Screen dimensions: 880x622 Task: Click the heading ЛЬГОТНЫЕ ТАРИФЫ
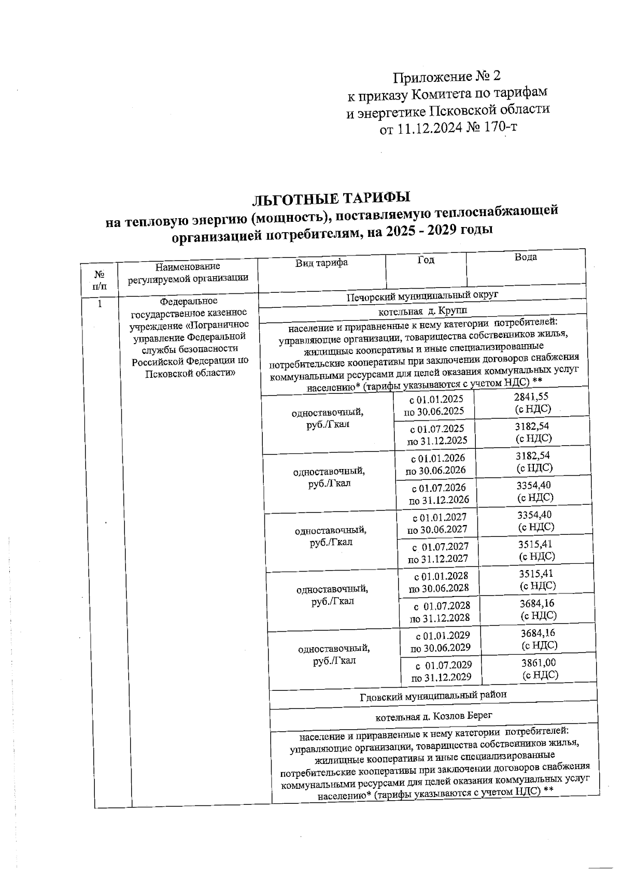[x=331, y=198]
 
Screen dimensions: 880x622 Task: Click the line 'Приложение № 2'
[x=447, y=77]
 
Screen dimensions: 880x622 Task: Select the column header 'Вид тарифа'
[x=321, y=263]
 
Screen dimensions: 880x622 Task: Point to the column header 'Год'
[x=426, y=260]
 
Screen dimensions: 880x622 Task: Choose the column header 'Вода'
[x=525, y=258]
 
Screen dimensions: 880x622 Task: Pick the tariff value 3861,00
[x=538, y=663]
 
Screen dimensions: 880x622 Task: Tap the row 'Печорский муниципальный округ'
[x=422, y=296]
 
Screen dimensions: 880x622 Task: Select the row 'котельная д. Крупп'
[x=422, y=311]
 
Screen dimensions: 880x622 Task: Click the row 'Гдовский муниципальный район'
[x=433, y=695]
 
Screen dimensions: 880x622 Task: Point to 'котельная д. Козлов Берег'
[x=433, y=716]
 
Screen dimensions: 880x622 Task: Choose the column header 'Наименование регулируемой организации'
[x=188, y=272]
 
